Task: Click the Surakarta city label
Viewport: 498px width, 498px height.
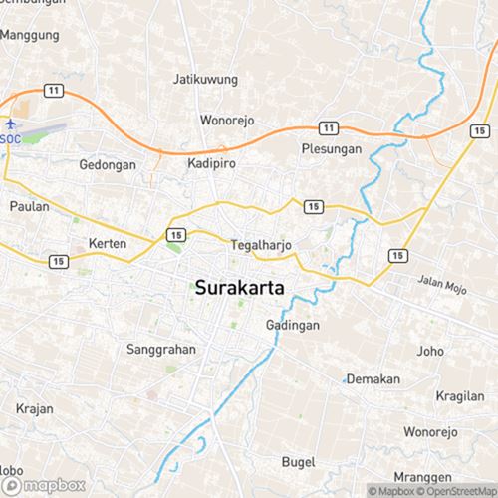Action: click(x=241, y=288)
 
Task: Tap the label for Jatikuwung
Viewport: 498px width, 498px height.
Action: click(x=204, y=78)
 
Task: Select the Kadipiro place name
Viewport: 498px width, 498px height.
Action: click(x=211, y=163)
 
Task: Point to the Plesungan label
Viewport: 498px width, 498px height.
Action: click(x=328, y=149)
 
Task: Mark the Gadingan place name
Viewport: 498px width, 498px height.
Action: click(x=292, y=326)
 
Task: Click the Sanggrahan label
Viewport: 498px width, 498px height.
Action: click(x=161, y=350)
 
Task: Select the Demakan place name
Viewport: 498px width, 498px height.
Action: click(x=373, y=379)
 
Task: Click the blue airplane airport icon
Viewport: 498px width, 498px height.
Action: click(x=11, y=124)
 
